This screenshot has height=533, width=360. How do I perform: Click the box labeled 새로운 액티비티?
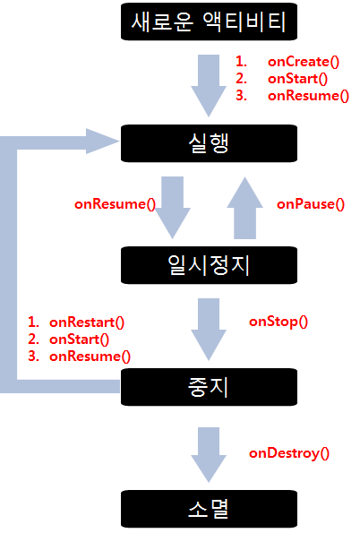click(209, 21)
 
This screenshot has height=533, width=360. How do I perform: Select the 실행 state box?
click(209, 143)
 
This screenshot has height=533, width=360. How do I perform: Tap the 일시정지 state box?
click(209, 265)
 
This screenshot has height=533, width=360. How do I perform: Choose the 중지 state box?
click(209, 387)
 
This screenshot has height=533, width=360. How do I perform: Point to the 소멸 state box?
click(209, 509)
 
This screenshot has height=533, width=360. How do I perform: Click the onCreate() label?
click(304, 62)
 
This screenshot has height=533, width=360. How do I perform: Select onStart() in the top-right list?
click(298, 79)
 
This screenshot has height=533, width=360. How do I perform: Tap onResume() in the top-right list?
click(308, 96)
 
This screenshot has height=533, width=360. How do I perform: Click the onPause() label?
click(311, 204)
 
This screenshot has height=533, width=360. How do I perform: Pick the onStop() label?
click(279, 322)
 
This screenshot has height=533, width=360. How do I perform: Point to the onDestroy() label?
click(289, 453)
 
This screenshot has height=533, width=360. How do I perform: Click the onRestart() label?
click(87, 322)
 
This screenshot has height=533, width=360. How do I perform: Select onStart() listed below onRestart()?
click(79, 340)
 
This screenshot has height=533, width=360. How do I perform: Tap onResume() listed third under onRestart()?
click(90, 357)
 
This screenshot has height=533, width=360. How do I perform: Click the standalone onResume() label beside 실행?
click(115, 204)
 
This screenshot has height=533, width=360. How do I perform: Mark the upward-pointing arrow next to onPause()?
click(244, 208)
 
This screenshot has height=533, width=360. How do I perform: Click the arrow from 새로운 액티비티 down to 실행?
click(209, 86)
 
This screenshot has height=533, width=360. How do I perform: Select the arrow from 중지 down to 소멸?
click(209, 455)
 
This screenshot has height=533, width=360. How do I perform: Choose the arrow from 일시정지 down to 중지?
click(209, 330)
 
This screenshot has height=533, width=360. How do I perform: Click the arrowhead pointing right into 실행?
click(102, 141)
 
